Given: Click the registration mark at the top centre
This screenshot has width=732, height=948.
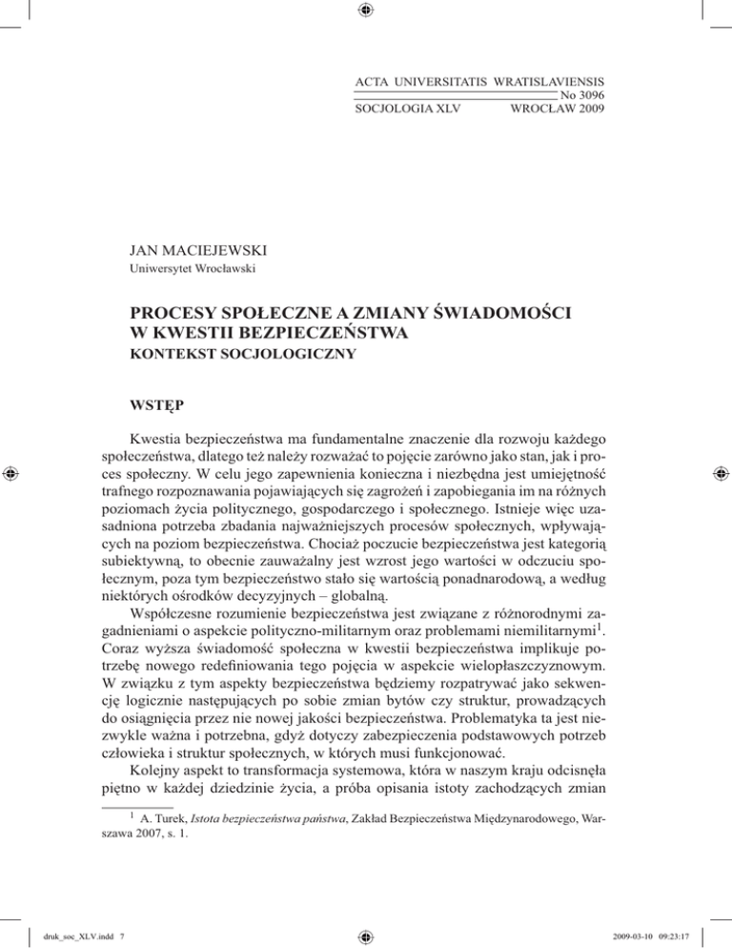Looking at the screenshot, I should [x=366, y=10].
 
